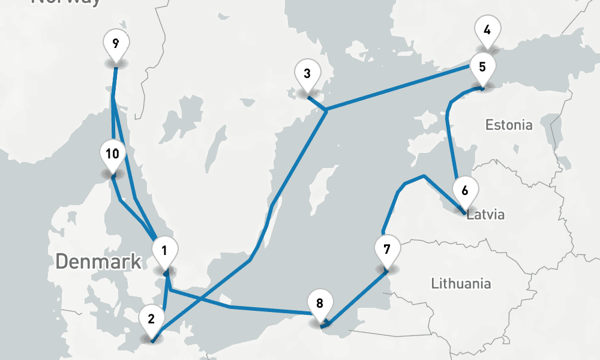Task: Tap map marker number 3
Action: tap(307, 76)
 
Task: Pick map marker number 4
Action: tap(487, 30)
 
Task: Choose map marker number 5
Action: tap(482, 68)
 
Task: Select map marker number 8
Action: tap(319, 305)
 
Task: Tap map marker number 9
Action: tap(115, 44)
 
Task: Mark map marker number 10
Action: tap(112, 155)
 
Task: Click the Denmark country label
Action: tap(98, 262)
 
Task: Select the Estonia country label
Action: tap(509, 125)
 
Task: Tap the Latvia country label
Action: tap(486, 215)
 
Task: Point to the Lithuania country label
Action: tap(461, 284)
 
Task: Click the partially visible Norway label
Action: tap(66, 2)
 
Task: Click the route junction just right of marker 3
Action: tap(325, 110)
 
